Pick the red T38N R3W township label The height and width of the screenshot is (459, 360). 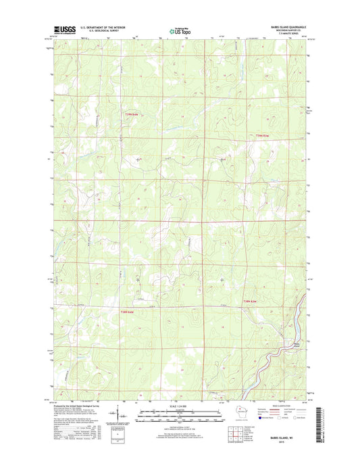(x=251, y=301)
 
